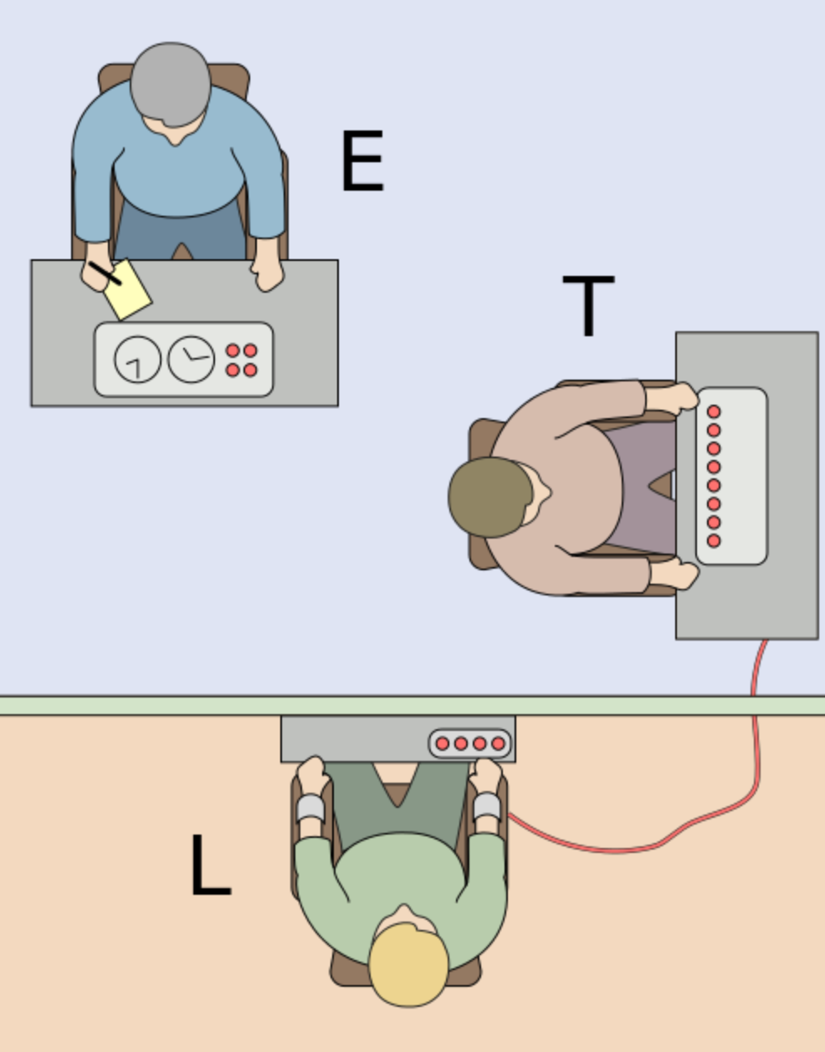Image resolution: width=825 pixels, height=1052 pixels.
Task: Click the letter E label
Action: click(361, 161)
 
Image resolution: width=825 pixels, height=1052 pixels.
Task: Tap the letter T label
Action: click(588, 305)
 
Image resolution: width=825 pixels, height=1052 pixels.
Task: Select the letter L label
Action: click(209, 866)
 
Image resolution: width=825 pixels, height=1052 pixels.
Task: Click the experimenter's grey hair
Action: click(170, 82)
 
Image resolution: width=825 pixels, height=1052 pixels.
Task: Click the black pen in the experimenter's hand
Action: click(105, 273)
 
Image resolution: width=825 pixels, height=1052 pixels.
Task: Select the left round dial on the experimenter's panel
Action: click(137, 360)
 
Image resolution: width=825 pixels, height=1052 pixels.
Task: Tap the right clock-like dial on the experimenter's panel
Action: click(192, 359)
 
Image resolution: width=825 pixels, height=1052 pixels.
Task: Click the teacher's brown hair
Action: click(488, 497)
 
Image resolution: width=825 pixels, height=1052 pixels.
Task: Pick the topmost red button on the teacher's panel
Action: click(714, 411)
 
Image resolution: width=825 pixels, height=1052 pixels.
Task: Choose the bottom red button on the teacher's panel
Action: click(714, 541)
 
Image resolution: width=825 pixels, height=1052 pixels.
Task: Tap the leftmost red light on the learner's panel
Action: click(443, 743)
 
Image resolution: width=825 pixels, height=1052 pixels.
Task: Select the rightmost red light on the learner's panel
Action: click(498, 743)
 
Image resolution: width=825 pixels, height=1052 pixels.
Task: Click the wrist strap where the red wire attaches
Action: click(487, 806)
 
